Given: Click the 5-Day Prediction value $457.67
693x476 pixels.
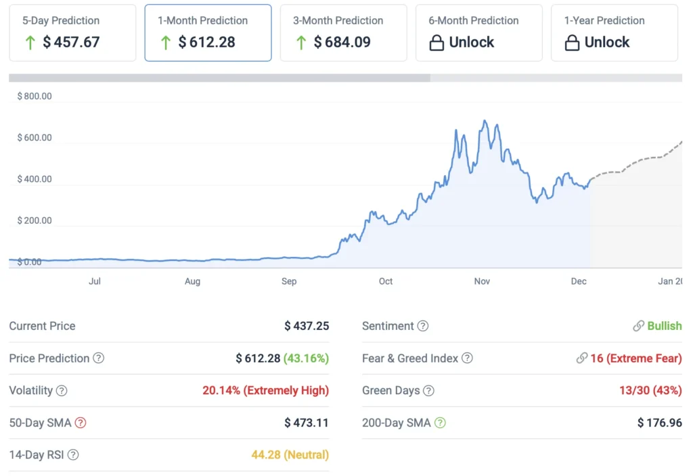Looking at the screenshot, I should click(x=71, y=42).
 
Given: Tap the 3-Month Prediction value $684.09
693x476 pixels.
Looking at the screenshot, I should click(x=342, y=42).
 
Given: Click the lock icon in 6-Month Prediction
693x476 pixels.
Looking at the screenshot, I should click(x=437, y=43).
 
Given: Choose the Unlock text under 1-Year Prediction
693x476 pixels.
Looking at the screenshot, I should click(x=607, y=42).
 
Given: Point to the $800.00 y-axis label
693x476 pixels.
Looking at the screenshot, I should click(x=35, y=96).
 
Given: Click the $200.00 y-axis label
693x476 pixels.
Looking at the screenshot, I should click(x=35, y=220).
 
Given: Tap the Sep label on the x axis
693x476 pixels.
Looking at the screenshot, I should click(x=289, y=281).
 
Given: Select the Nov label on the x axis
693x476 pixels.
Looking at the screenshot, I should click(x=482, y=281).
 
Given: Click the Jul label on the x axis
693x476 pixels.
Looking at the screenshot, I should click(x=95, y=281).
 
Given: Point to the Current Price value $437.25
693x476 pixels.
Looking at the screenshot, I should click(x=307, y=326).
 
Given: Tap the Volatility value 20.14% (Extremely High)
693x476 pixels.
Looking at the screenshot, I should click(x=265, y=391).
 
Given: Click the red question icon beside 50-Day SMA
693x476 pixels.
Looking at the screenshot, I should click(x=81, y=423).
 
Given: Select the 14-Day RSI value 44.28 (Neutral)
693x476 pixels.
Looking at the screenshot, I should click(x=290, y=455).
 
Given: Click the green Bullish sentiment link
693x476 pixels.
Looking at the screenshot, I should click(x=664, y=326).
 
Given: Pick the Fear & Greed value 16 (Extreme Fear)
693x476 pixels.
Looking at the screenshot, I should click(x=635, y=358).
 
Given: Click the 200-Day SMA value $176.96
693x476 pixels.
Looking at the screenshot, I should click(x=659, y=423).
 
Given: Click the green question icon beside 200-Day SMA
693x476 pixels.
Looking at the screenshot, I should click(x=440, y=423).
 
